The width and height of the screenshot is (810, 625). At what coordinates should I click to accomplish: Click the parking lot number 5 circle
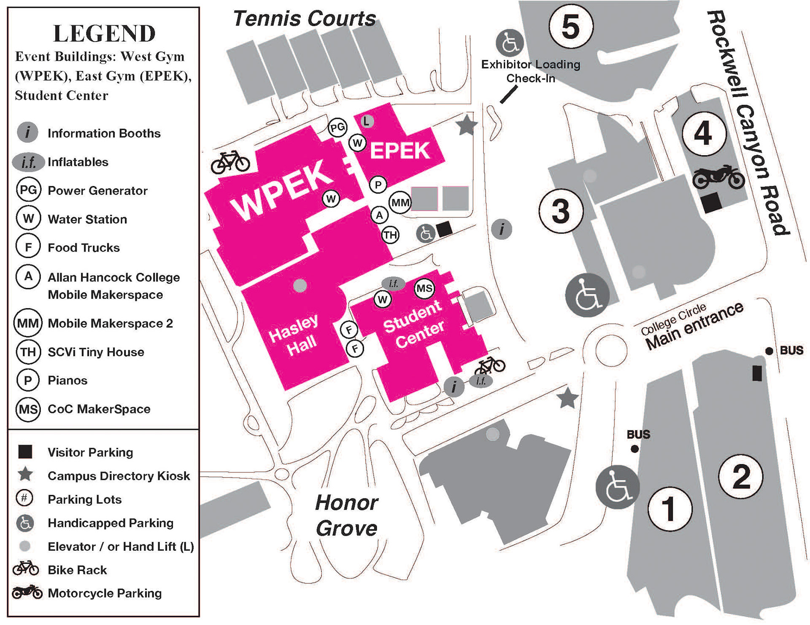point(571,26)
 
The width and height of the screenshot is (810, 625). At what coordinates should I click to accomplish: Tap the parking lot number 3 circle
point(561,211)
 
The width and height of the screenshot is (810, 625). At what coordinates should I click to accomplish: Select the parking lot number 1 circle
point(670,508)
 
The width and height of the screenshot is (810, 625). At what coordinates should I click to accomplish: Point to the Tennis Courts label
point(305,19)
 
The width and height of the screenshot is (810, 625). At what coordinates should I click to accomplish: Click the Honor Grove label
point(347,515)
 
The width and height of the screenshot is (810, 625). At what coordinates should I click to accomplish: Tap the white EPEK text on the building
point(400,150)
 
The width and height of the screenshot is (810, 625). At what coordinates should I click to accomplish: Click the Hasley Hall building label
point(294,335)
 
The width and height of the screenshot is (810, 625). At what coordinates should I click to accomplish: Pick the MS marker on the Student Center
point(424,288)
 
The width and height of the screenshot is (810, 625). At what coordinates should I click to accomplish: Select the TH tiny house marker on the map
point(390,235)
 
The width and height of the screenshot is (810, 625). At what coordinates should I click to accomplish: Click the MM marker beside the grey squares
point(400,203)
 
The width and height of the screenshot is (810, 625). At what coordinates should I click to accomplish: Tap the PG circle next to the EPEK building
point(337,127)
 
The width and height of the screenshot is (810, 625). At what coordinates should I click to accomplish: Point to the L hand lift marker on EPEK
point(367,121)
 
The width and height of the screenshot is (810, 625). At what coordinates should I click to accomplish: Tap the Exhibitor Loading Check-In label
point(531,71)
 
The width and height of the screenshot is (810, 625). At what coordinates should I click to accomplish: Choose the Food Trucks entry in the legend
point(84,247)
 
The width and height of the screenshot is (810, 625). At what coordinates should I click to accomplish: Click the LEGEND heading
point(104,33)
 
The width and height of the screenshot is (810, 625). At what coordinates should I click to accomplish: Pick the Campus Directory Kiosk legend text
point(119,476)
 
